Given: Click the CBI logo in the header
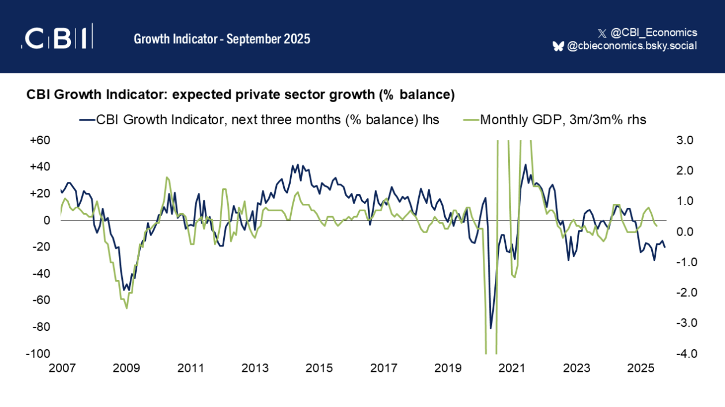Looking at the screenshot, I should pyautogui.click(x=57, y=38).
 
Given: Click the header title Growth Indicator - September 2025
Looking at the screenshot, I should pyautogui.click(x=222, y=39).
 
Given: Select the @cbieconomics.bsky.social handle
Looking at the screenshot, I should pyautogui.click(x=632, y=46).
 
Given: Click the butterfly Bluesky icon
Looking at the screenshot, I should pyautogui.click(x=558, y=46).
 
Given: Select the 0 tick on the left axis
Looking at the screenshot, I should pyautogui.click(x=46, y=220).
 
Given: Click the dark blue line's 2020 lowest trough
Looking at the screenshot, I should pyautogui.click(x=491, y=328).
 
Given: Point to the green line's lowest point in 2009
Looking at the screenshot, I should pyautogui.click(x=127, y=308).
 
